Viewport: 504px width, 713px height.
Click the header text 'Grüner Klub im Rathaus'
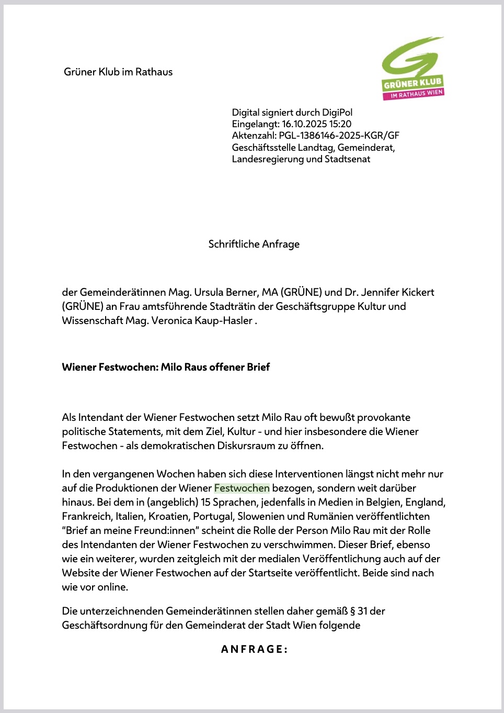[118, 72]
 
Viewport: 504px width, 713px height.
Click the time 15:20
[341, 124]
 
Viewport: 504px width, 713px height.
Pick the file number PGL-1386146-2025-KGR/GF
[339, 136]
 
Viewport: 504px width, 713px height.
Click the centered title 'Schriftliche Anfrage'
[254, 244]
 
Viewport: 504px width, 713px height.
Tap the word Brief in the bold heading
[258, 367]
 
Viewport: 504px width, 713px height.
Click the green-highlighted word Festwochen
[242, 488]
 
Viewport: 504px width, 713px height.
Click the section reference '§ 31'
[358, 611]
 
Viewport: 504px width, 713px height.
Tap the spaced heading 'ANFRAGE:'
[254, 649]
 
